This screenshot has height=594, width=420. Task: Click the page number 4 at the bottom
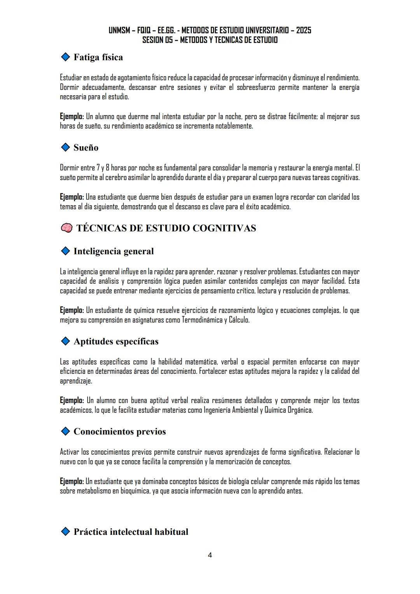click(x=210, y=555)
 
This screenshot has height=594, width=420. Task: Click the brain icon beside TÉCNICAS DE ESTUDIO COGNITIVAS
click(x=66, y=228)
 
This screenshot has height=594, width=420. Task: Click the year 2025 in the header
click(x=303, y=30)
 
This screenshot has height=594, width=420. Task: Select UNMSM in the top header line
click(x=120, y=30)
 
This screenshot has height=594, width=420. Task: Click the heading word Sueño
click(x=86, y=148)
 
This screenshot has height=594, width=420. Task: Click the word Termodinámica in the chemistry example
click(x=202, y=320)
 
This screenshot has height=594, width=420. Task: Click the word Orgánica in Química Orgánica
click(x=300, y=410)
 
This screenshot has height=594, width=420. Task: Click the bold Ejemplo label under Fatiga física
click(x=72, y=116)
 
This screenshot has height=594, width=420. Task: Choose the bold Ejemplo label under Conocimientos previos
click(x=72, y=481)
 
